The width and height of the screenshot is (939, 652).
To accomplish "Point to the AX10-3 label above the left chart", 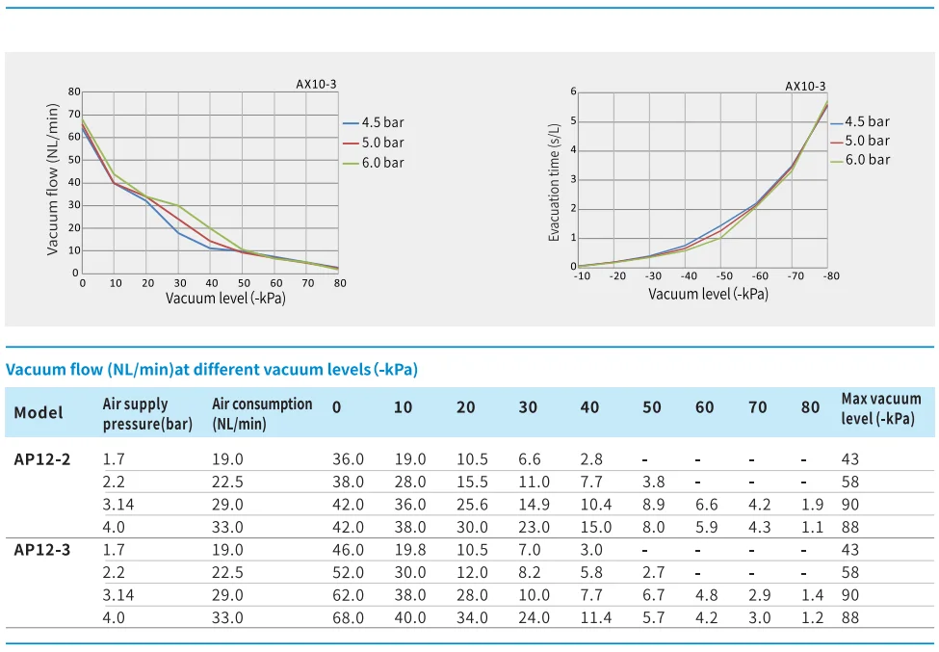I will (316, 84).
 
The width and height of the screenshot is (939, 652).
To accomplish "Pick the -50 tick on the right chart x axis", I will (724, 276).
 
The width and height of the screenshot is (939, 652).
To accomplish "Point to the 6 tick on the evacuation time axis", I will (573, 91).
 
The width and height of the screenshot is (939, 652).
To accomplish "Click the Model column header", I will (39, 412).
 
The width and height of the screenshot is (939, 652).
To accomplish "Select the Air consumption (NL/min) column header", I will (262, 413).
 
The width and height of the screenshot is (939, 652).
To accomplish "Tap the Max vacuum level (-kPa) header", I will (880, 408).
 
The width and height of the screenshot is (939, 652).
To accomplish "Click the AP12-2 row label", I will (42, 458).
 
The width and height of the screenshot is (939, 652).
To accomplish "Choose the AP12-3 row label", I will (42, 549).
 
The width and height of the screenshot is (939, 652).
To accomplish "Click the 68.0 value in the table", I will (348, 617).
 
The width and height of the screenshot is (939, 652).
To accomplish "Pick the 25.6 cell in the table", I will (472, 504).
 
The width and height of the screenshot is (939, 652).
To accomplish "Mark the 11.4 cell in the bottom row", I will (595, 617).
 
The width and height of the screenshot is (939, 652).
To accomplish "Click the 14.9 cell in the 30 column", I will (534, 504).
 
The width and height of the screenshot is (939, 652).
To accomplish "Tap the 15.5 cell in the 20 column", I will (472, 482).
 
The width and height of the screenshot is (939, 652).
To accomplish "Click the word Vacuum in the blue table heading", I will (32, 370).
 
